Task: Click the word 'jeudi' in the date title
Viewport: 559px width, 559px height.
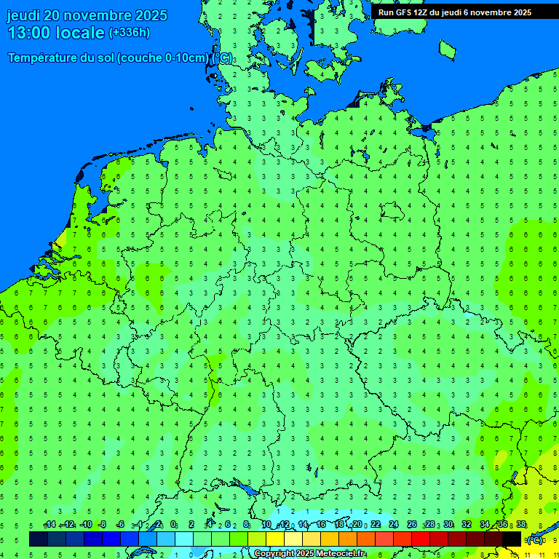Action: (x=23, y=15)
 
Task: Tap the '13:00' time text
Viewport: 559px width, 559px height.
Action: (x=29, y=33)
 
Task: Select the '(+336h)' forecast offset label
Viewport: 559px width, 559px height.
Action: (x=130, y=33)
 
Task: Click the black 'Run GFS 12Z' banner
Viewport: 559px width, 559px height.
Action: (x=455, y=12)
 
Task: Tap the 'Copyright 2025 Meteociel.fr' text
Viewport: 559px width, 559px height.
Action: (x=309, y=554)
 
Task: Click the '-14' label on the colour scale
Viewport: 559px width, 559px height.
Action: (x=49, y=525)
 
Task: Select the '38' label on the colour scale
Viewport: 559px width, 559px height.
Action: (x=520, y=525)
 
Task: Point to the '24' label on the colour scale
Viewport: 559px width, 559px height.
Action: (x=394, y=525)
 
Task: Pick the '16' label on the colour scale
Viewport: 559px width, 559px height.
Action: (x=321, y=525)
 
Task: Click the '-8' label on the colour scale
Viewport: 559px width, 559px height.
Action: (x=103, y=525)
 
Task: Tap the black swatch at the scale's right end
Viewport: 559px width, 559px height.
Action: (x=512, y=539)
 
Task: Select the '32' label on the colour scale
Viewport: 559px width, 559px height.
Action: (x=467, y=525)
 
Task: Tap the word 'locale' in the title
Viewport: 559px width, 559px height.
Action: (x=80, y=33)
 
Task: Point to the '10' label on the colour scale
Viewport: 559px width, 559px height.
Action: (x=266, y=525)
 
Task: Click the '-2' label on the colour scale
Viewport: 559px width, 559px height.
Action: (x=157, y=525)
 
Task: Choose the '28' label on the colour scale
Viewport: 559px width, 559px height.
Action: (x=430, y=525)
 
